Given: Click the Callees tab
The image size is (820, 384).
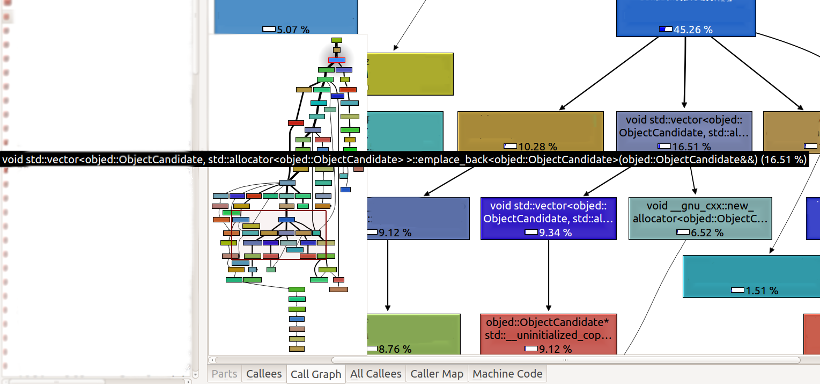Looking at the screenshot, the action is pos(264,374).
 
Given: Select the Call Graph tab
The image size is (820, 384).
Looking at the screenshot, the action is pos(315,374).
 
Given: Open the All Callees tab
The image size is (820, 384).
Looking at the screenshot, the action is pos(375,374).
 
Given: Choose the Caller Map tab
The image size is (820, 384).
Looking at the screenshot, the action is pos(437,374).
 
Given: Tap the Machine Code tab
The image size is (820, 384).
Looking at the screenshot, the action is pos(507,374).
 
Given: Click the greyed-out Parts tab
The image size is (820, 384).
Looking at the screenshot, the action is pos(224,374).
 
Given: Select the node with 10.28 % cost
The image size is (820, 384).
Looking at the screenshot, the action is pos(530,132).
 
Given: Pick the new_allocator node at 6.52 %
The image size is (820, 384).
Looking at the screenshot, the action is pos(700,218).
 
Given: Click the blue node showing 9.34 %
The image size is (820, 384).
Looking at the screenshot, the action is pos(548,218).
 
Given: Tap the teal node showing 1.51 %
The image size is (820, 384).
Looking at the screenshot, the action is pos(751,276).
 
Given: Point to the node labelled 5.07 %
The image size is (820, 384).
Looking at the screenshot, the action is pos(285,16).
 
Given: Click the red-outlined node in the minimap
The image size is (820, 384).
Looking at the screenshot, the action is pos(337,60).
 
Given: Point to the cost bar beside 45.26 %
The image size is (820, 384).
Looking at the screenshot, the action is pos(666,30).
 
